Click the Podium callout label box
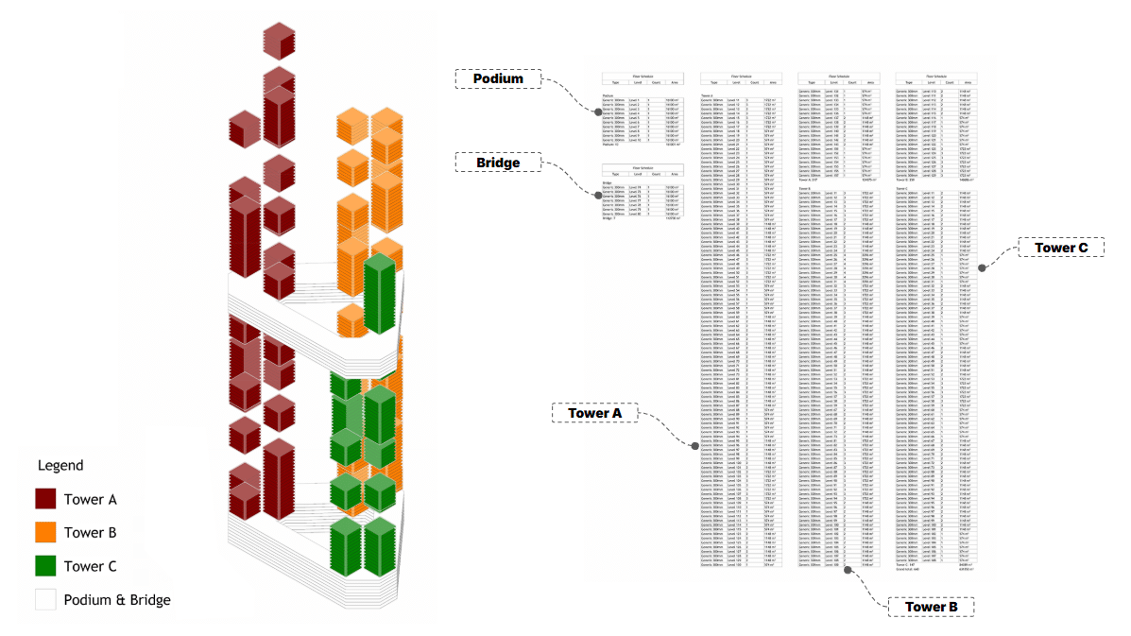pos(499,79)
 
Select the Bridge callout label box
pos(498,163)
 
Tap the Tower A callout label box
pos(595,413)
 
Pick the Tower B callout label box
pos(931,607)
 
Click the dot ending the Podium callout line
pos(597,112)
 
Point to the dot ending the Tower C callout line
pos(982,268)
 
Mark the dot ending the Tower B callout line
pos(848,570)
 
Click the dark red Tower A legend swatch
pos(45,499)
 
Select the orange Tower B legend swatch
pos(45,532)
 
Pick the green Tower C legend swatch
pos(45,566)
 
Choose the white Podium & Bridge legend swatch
pos(45,599)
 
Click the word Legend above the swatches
pos(60,465)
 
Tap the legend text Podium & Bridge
pos(117,599)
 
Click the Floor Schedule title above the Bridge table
pos(643,167)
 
